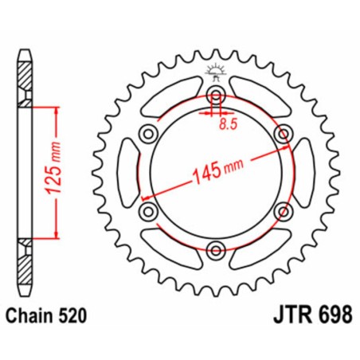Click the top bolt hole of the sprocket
click(x=215, y=97)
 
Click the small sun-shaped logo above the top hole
click(x=215, y=72)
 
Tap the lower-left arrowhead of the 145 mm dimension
click(x=146, y=196)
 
